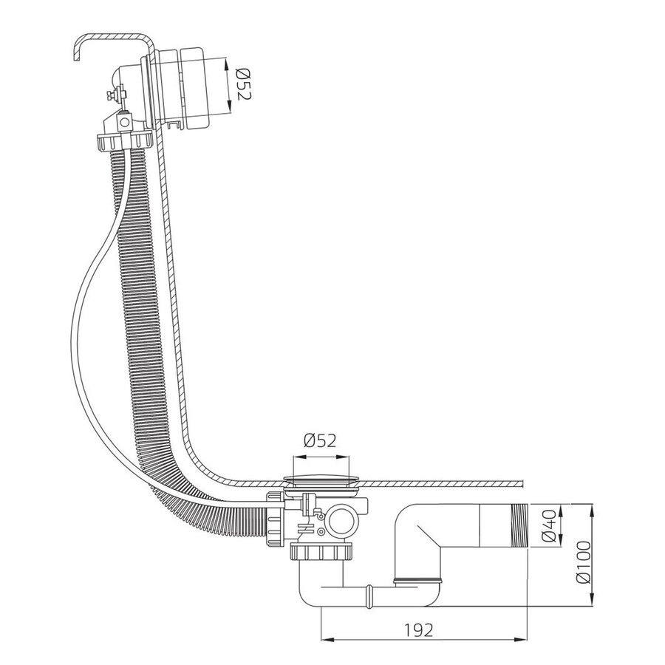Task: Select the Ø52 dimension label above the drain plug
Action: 318,441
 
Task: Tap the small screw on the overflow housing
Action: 115,94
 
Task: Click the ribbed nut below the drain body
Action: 324,553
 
